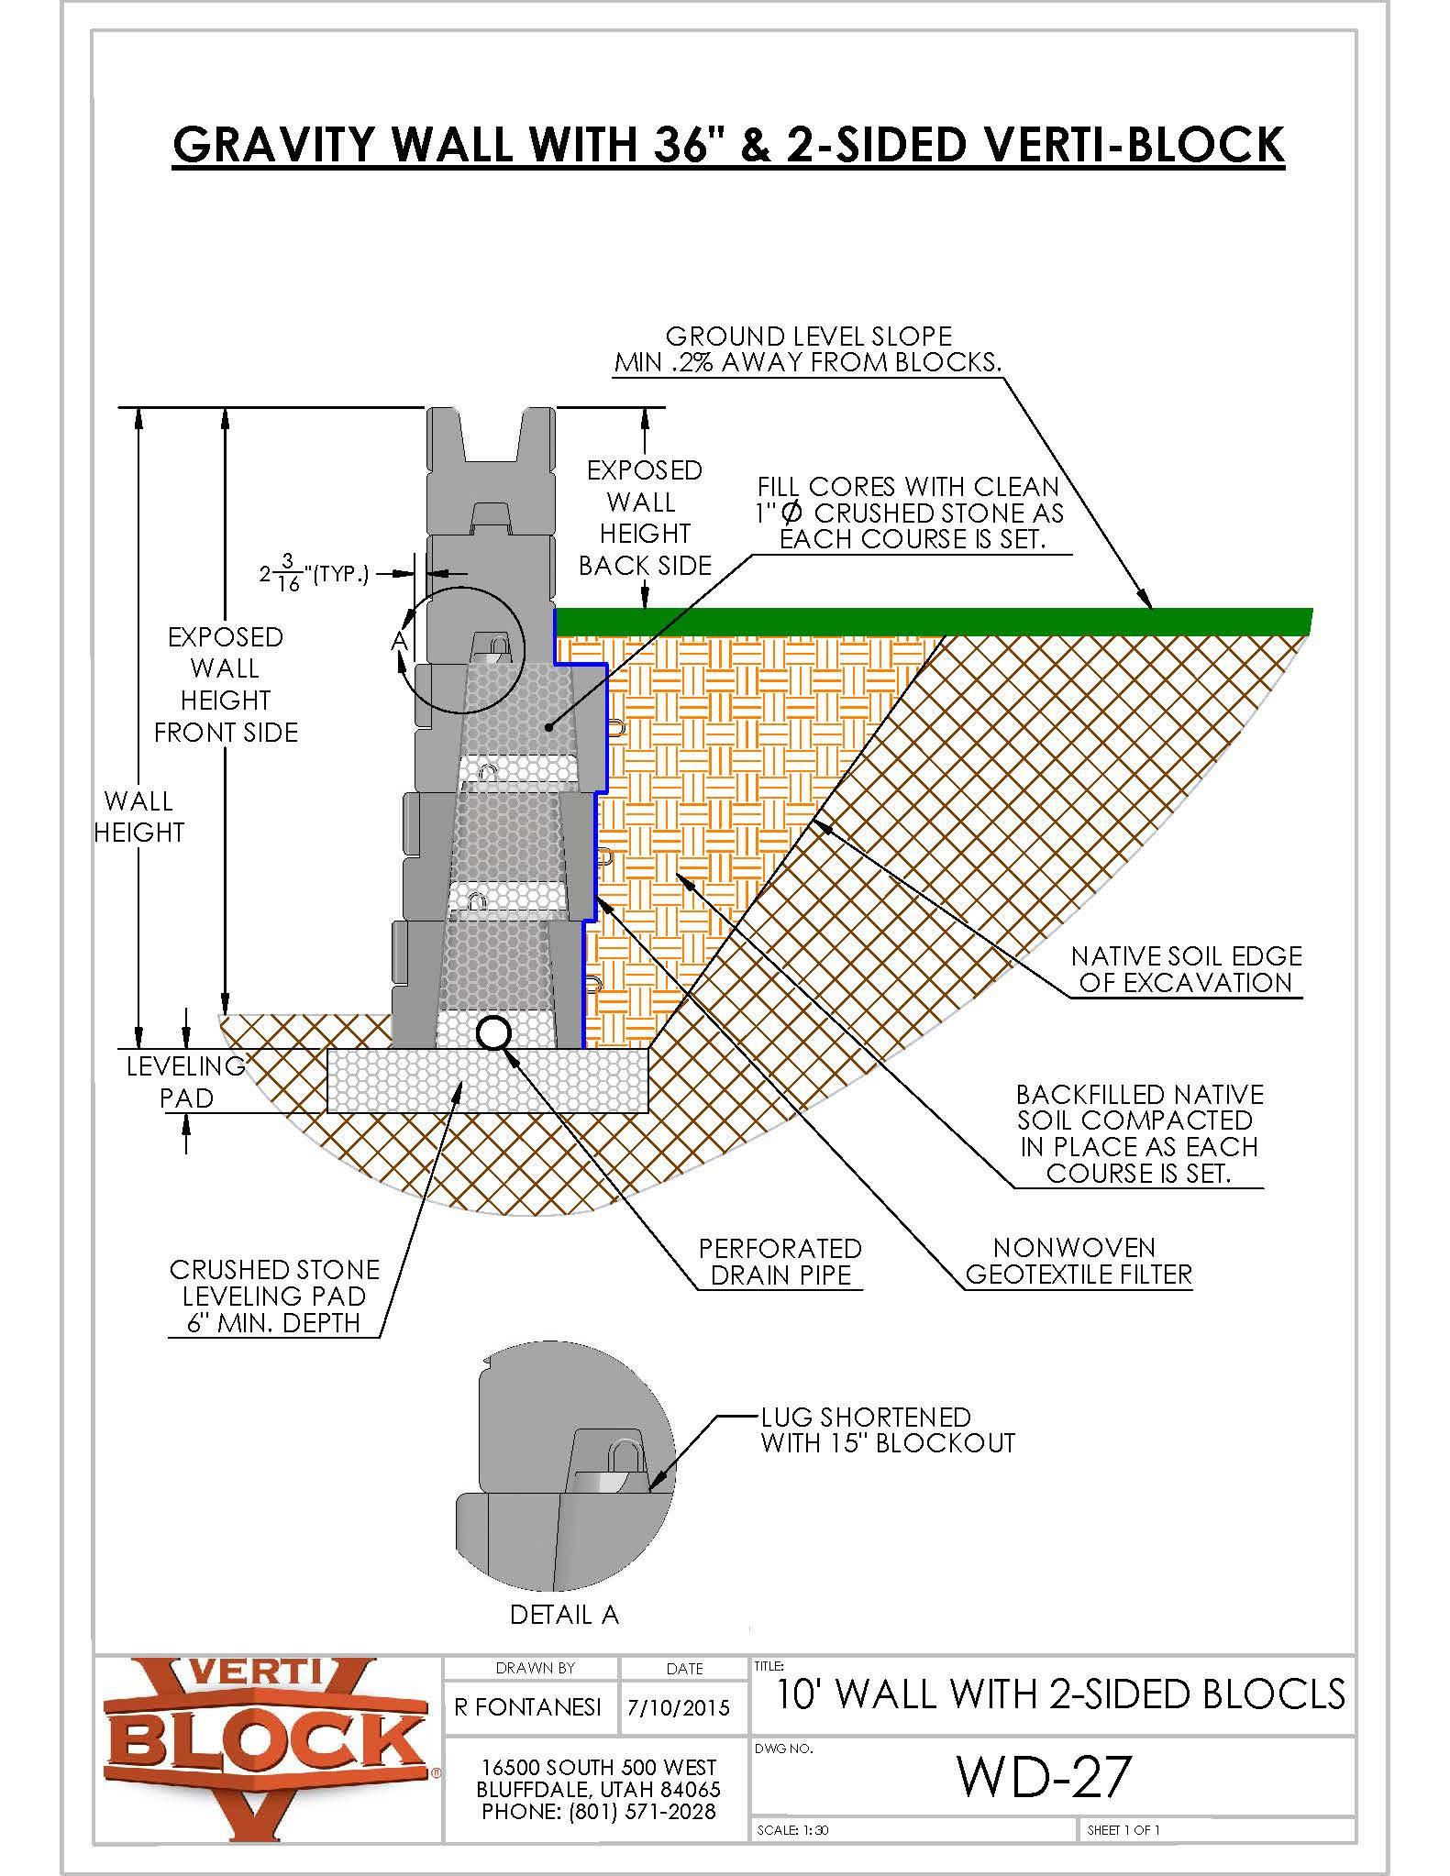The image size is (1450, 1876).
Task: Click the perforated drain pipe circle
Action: pyautogui.click(x=493, y=1033)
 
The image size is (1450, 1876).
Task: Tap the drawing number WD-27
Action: pyautogui.click(x=1044, y=1776)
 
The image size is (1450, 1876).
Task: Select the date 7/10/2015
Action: pyautogui.click(x=679, y=1708)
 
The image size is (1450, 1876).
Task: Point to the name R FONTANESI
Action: pyautogui.click(x=528, y=1707)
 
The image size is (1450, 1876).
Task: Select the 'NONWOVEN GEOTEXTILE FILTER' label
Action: pyautogui.click(x=1078, y=1261)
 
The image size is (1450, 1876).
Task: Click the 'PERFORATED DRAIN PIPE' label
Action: pyautogui.click(x=780, y=1262)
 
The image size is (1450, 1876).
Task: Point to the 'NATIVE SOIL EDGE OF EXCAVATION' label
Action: pyautogui.click(x=1186, y=969)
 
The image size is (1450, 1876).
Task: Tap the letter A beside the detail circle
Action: pyautogui.click(x=399, y=640)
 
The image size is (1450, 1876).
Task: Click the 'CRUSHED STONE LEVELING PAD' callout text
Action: pyautogui.click(x=274, y=1296)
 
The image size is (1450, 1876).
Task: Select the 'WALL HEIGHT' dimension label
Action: pyautogui.click(x=138, y=816)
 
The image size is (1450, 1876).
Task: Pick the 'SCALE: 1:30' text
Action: pyautogui.click(x=792, y=1830)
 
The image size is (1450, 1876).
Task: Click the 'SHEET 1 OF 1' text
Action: pyautogui.click(x=1123, y=1830)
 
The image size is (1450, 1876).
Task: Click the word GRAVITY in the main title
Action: pyautogui.click(x=275, y=144)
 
